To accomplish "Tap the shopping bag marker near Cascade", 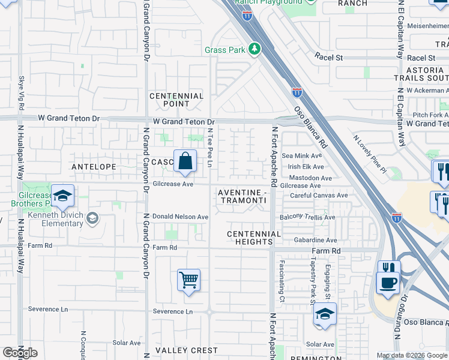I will click(x=185, y=161).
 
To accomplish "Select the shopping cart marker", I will click(x=188, y=280).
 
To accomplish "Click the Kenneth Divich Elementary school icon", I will click(x=91, y=217).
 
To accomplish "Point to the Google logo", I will click(x=20, y=353).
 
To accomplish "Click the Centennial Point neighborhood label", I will click(x=176, y=100).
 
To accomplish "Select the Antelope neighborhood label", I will click(x=94, y=166).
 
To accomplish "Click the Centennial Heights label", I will click(x=254, y=238).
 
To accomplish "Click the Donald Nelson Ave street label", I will click(x=180, y=217).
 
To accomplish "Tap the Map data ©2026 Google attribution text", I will click(x=412, y=355).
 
